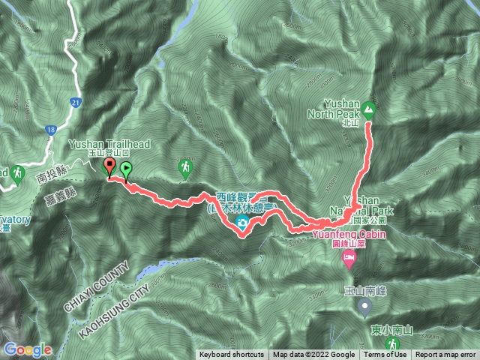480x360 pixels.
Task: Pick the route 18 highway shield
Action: click(49, 130)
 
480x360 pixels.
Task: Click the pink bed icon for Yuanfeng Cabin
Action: click(349, 260)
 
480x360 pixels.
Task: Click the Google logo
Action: click(27, 349)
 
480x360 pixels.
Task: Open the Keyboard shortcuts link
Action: click(231, 355)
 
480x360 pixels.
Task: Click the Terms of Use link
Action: click(385, 355)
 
